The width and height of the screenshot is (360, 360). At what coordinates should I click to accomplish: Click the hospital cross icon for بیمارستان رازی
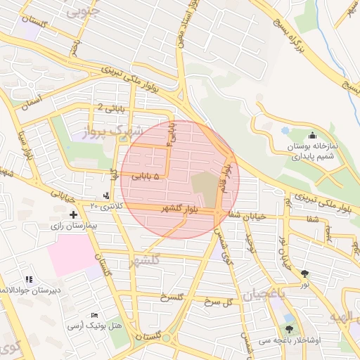click(x=73, y=214)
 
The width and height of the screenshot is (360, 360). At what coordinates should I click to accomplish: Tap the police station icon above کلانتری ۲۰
click(x=105, y=195)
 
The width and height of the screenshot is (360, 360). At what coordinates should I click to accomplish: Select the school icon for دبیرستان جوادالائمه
click(x=29, y=279)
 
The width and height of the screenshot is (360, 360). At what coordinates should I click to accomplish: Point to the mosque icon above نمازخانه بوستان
click(x=312, y=135)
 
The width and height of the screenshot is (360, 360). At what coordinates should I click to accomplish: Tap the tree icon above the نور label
click(x=304, y=274)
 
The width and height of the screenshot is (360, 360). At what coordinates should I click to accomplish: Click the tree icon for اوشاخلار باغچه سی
click(x=289, y=329)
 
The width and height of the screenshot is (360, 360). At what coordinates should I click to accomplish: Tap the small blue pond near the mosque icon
click(x=284, y=130)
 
